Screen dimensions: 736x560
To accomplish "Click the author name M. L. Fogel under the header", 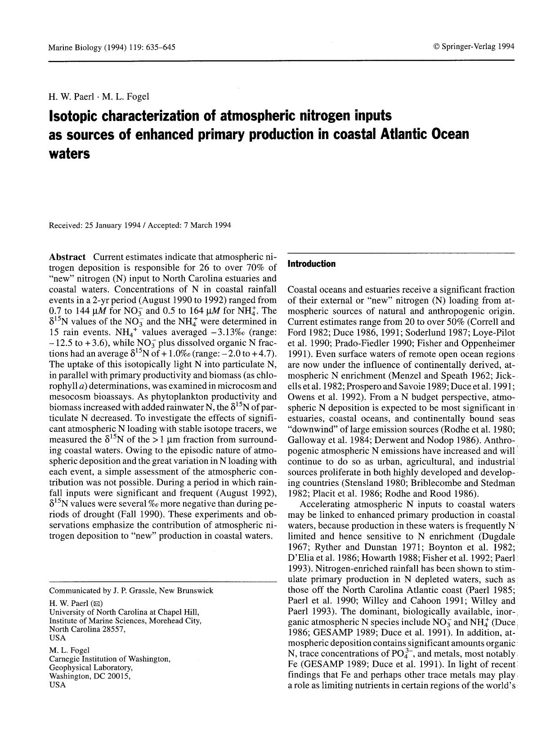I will [x=125, y=96].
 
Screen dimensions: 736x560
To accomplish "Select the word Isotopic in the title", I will [x=73, y=116].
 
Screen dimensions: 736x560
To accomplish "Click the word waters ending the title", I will [x=69, y=153].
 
